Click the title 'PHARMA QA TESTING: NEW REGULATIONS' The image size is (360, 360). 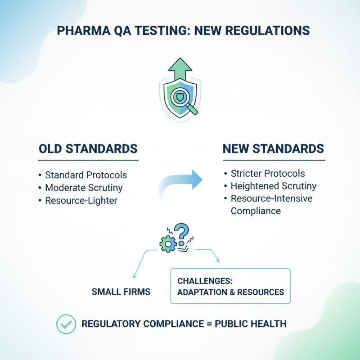180,31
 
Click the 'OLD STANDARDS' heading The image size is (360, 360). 88,149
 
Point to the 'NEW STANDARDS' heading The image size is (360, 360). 273,149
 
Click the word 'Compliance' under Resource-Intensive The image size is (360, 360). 256,211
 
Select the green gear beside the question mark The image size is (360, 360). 166,243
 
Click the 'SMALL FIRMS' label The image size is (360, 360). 121,292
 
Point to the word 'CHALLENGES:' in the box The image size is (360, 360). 205,281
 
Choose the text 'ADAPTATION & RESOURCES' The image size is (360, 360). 230,292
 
